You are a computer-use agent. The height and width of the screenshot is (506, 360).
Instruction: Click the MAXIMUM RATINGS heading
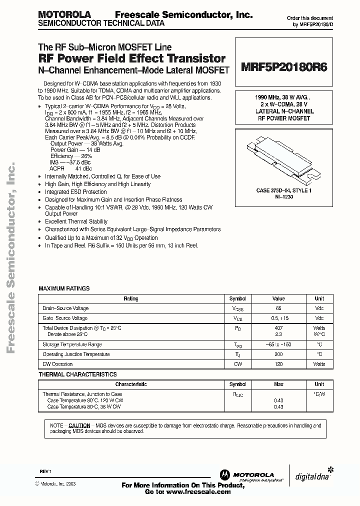click(x=64, y=288)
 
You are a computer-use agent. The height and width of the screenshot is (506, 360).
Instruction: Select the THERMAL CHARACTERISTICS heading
click(x=77, y=374)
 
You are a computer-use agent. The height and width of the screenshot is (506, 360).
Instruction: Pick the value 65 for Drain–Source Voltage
click(x=278, y=308)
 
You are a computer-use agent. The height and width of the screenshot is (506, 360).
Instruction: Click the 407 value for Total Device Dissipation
click(x=278, y=328)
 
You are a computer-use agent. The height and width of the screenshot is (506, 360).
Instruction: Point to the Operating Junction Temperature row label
click(x=76, y=354)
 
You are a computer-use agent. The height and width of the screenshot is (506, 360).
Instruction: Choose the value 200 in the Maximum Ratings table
click(x=278, y=354)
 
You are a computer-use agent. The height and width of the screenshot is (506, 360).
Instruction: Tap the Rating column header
click(x=131, y=298)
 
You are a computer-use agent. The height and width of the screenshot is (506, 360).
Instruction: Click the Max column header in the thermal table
click(x=278, y=384)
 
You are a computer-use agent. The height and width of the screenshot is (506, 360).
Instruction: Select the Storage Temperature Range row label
click(x=72, y=344)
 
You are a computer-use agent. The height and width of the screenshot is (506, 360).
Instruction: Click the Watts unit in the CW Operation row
click(x=319, y=364)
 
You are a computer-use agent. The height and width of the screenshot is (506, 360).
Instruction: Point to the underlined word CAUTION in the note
click(x=79, y=425)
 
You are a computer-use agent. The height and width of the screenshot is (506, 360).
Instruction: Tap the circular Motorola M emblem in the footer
click(x=224, y=474)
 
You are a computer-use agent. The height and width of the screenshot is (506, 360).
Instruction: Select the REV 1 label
click(x=45, y=472)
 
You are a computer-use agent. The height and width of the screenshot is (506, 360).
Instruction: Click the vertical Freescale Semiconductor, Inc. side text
click(x=12, y=255)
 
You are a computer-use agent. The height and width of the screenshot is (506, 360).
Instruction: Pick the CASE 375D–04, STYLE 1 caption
click(x=284, y=191)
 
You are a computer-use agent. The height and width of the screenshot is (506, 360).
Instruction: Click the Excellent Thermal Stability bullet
click(x=76, y=221)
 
